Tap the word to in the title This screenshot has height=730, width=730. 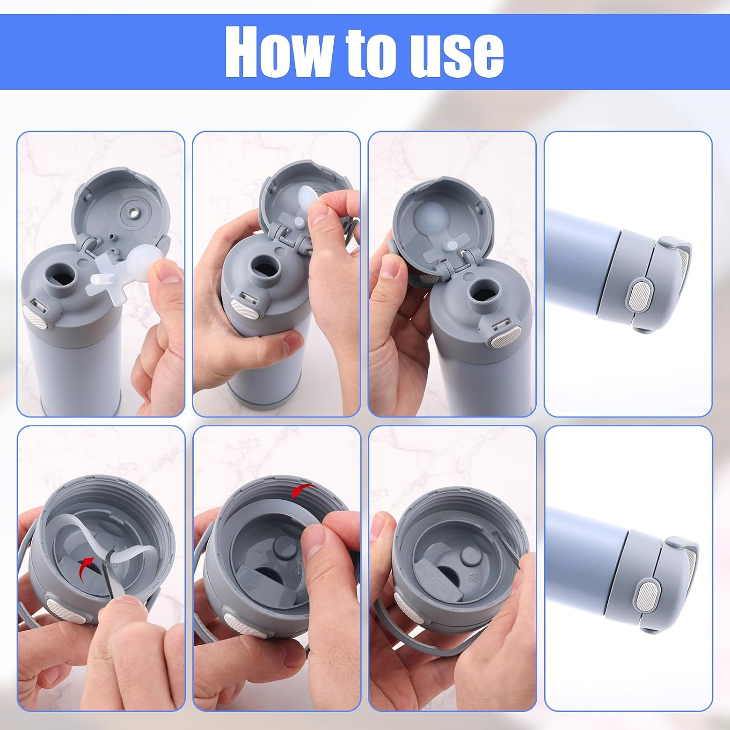[370, 52]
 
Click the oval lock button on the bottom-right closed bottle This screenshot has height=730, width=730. [647, 595]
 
